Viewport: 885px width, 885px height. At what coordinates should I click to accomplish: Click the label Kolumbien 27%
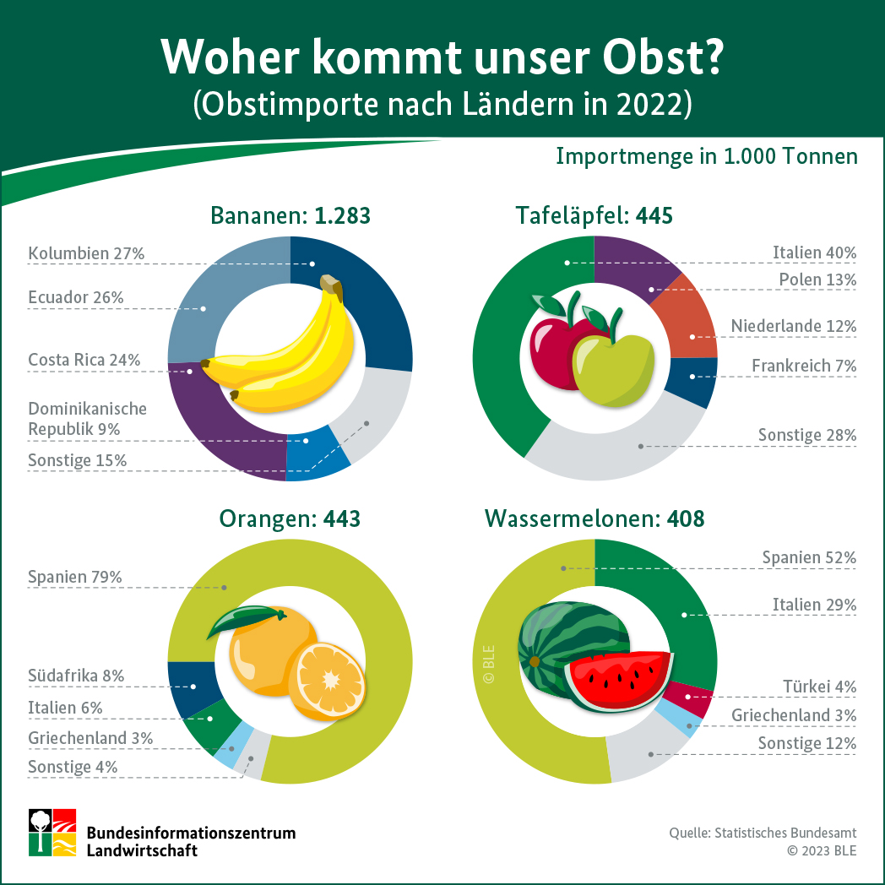coord(86,253)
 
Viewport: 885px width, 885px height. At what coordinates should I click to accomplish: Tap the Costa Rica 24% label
coord(84,360)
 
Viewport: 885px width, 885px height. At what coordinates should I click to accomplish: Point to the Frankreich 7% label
coord(804,366)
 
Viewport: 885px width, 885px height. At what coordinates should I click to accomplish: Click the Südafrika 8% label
coord(76,676)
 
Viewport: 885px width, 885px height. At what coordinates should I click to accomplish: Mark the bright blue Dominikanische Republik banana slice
coord(307,456)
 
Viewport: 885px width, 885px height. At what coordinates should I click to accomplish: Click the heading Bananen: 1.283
coord(290,216)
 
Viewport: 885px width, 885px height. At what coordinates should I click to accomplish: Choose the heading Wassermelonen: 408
coord(595,519)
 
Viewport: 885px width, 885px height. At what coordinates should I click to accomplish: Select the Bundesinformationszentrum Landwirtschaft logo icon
coord(53,832)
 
